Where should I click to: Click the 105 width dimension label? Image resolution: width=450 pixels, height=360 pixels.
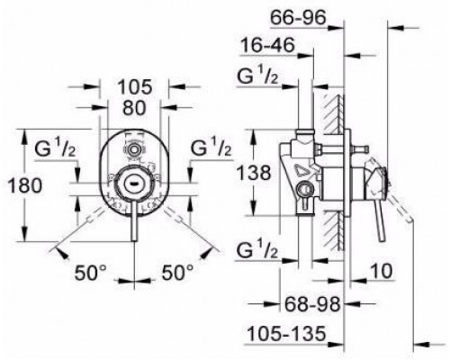pos(135,87)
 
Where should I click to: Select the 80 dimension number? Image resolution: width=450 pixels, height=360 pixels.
pos(134,108)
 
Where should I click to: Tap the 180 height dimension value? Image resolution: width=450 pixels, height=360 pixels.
pos(24,185)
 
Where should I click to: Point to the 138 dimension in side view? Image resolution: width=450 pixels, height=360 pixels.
pos(254,173)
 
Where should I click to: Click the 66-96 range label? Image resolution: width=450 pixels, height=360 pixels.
pos(298,18)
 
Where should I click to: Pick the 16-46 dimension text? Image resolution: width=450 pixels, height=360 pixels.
pos(268,46)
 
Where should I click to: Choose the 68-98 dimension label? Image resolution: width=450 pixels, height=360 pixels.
pos(312,304)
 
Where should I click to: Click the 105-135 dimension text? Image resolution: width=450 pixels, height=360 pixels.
pos(286,333)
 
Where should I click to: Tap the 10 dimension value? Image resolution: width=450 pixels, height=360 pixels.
pos(381,271)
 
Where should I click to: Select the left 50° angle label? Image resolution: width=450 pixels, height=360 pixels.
pos(90,273)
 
